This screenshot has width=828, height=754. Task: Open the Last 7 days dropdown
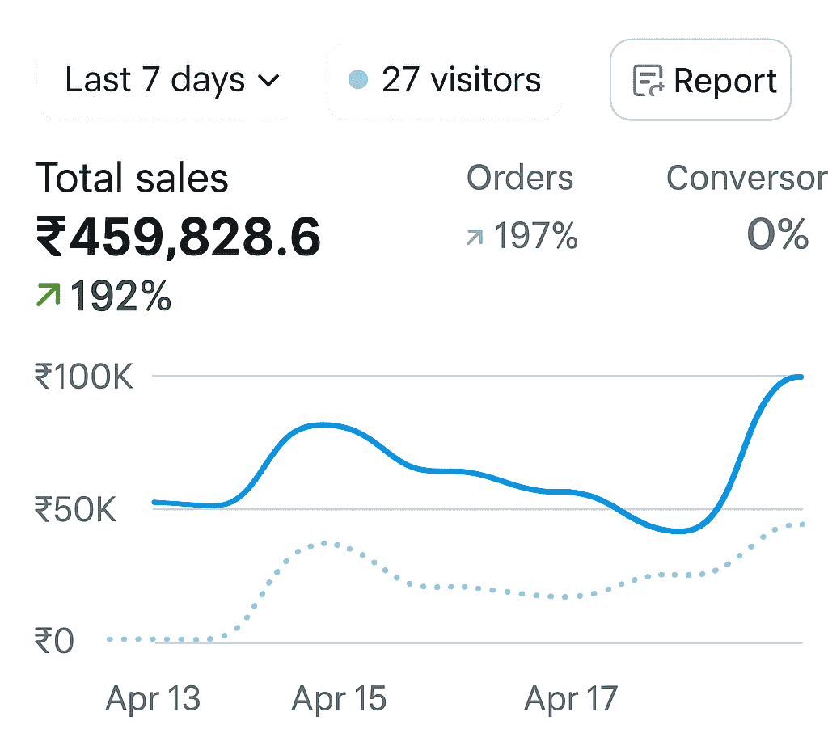coord(162,80)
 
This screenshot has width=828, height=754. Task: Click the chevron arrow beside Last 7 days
coord(268,80)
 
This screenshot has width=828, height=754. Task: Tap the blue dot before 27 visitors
coord(357,79)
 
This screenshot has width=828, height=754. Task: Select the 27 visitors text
coord(461,80)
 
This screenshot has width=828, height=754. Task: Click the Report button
coord(700,80)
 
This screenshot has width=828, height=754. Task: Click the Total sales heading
coord(132,178)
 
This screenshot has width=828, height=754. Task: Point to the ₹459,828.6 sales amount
coord(178,238)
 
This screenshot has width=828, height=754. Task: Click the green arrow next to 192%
coord(49,297)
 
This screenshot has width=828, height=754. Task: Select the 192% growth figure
coord(121,297)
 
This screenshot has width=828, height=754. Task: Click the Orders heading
coord(520,178)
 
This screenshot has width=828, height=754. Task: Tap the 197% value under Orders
coord(535,237)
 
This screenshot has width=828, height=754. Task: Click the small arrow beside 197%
coord(475,237)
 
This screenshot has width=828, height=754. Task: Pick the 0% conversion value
coord(778,235)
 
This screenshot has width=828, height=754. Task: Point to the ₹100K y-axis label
coord(83,377)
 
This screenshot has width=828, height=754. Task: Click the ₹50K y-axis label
coord(75,510)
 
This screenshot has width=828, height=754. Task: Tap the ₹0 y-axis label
coord(54,642)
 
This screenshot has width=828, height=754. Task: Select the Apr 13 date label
coord(153,699)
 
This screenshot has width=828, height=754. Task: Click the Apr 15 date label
coord(339,699)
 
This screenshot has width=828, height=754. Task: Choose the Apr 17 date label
coord(571,699)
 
